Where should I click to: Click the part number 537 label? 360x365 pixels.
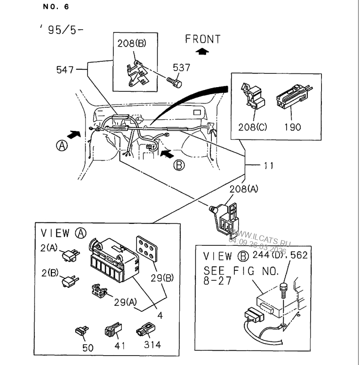point(182,67)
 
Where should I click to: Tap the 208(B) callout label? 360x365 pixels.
point(131,44)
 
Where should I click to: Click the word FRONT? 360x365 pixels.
point(203,40)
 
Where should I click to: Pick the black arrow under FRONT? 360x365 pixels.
point(203,52)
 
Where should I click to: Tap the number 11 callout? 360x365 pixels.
point(269,165)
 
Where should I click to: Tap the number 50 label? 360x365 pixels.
point(88,348)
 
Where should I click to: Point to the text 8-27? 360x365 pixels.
point(218,282)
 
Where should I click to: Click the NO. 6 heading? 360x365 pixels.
point(56,7)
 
